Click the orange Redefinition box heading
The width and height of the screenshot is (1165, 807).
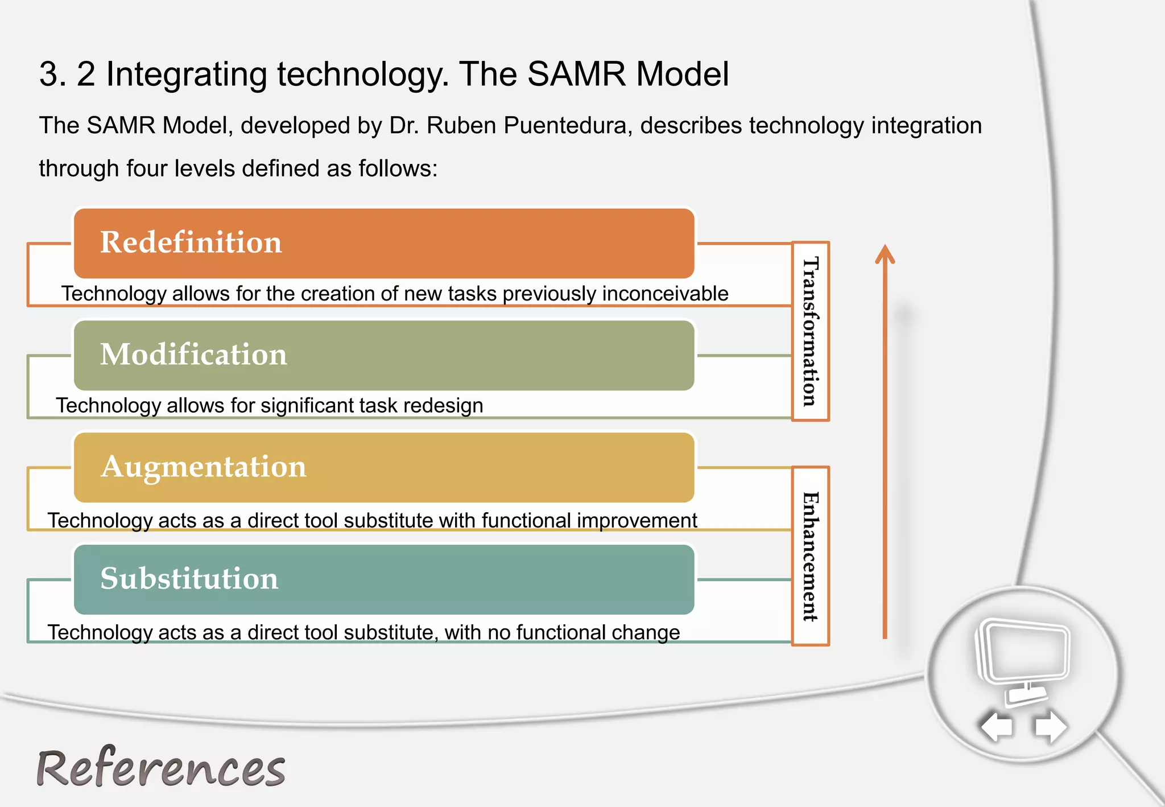point(191,242)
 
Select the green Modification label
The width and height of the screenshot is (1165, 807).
point(193,355)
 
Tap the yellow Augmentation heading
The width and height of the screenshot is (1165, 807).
point(203,467)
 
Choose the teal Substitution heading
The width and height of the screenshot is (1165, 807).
point(189,579)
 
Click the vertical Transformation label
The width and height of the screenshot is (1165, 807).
point(811,331)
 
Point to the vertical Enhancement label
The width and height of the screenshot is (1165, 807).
point(811,556)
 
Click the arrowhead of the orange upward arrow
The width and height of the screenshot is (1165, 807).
point(885,254)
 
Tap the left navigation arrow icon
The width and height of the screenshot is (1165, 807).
point(997,726)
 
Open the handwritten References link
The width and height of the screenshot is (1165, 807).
point(161,768)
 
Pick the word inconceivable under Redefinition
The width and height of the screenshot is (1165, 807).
point(665,294)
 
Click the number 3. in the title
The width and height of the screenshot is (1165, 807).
point(53,74)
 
